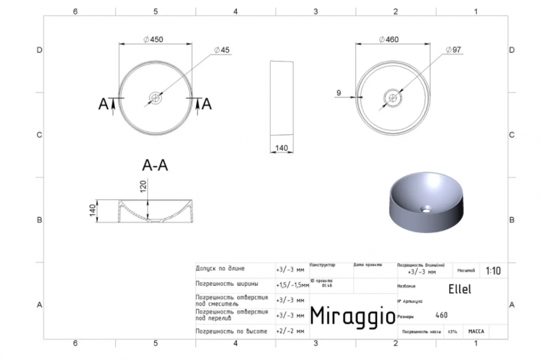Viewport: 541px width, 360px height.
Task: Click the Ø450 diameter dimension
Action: pyautogui.click(x=154, y=39)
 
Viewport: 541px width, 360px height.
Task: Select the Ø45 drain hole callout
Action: pyautogui.click(x=222, y=50)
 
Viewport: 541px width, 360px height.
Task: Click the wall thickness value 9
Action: pyautogui.click(x=338, y=93)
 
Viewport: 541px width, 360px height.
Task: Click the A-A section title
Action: pyautogui.click(x=155, y=166)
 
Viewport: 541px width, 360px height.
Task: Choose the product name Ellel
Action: pyautogui.click(x=460, y=289)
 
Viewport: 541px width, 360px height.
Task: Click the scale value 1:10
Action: pyautogui.click(x=493, y=271)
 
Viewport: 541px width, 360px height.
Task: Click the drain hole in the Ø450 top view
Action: pyautogui.click(x=156, y=98)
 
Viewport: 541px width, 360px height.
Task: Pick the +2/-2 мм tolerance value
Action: pyautogui.click(x=290, y=331)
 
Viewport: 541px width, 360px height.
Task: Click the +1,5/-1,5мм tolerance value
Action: pyautogui.click(x=291, y=284)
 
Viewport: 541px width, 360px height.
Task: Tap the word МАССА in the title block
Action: pyautogui.click(x=476, y=331)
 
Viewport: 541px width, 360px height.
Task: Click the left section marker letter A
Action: pyautogui.click(x=103, y=104)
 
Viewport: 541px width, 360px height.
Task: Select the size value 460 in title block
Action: pyautogui.click(x=441, y=316)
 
